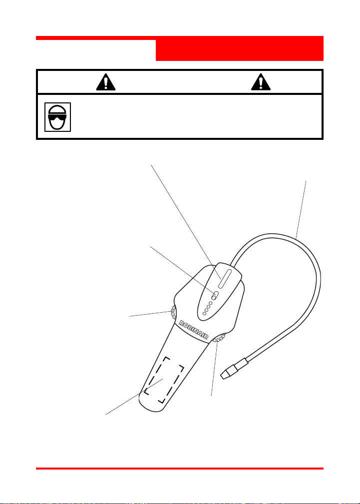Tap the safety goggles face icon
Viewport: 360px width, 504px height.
point(57,117)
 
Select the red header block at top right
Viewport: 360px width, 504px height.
point(239,49)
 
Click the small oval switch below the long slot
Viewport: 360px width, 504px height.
point(214,295)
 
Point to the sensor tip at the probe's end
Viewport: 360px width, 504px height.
point(231,373)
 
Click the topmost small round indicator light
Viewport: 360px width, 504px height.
point(211,303)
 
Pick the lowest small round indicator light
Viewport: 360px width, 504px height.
point(205,314)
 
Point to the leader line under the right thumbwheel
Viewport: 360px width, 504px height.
point(214,370)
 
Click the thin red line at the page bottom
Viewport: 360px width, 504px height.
point(180,469)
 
